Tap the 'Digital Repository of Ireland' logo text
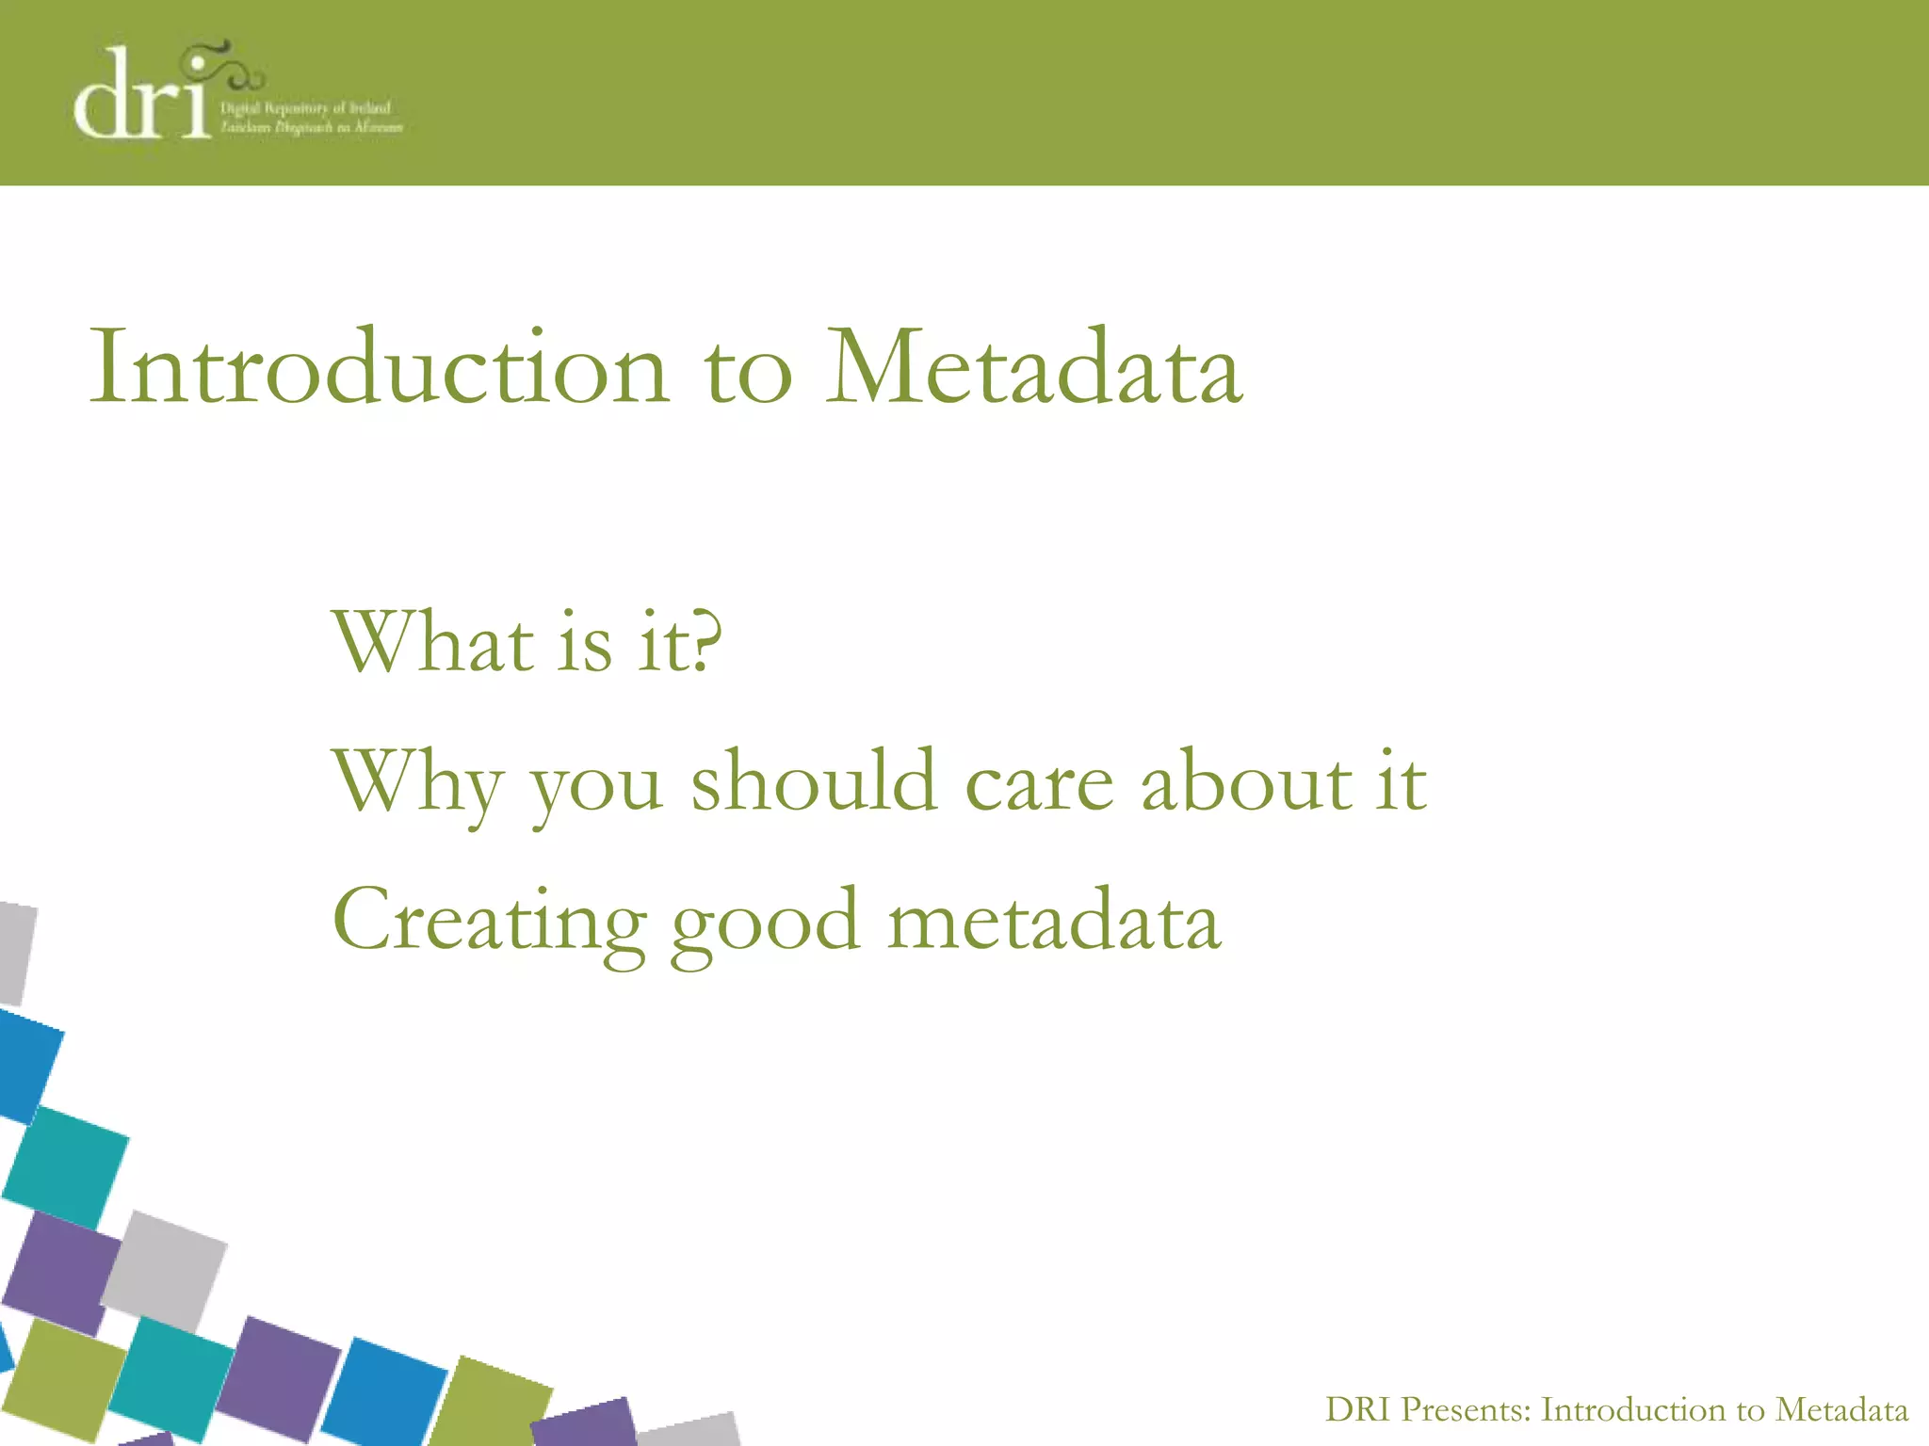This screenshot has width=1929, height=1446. click(x=306, y=109)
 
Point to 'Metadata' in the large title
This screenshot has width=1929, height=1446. click(x=1034, y=367)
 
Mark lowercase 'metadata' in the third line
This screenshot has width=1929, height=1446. click(x=1054, y=921)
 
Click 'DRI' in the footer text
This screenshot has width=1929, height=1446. click(x=1357, y=1410)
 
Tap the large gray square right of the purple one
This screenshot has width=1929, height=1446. click(x=164, y=1271)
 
